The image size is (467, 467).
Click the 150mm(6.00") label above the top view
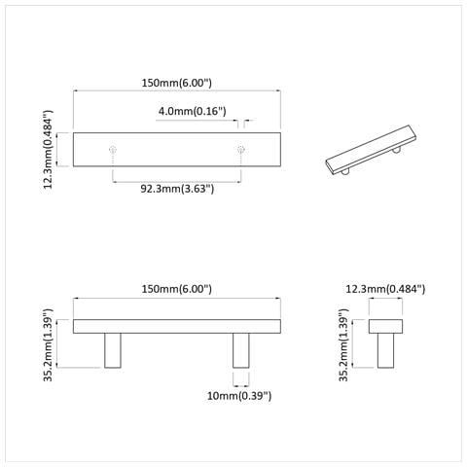177,83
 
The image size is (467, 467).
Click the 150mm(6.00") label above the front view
177,289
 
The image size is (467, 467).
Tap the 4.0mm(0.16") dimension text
193,111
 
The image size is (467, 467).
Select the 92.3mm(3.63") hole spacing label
177,189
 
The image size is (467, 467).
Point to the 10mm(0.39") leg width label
239,396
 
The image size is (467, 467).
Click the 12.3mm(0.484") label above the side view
385,289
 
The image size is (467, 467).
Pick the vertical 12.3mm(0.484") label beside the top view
48,150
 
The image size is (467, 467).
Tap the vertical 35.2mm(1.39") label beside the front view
48,344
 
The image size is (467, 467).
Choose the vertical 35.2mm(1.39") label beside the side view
343,344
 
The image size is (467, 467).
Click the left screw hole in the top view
113,150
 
